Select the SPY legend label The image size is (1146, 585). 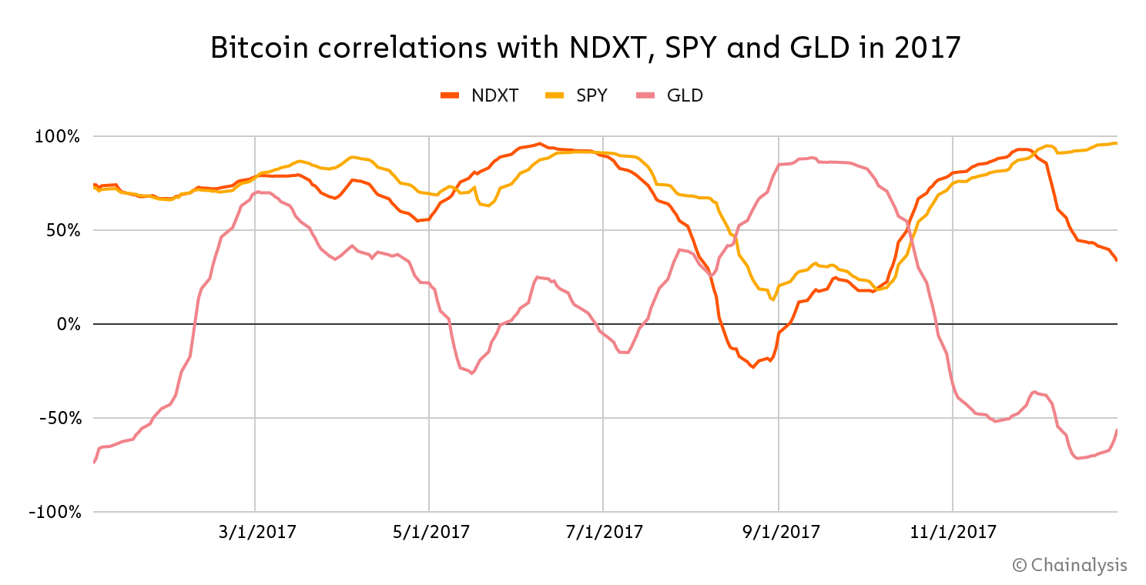pos(591,95)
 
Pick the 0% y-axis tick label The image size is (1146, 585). pos(68,324)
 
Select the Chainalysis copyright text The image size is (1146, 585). pos(1070,565)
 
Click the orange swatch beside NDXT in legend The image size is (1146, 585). pos(449,95)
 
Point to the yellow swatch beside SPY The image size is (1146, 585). pos(554,95)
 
